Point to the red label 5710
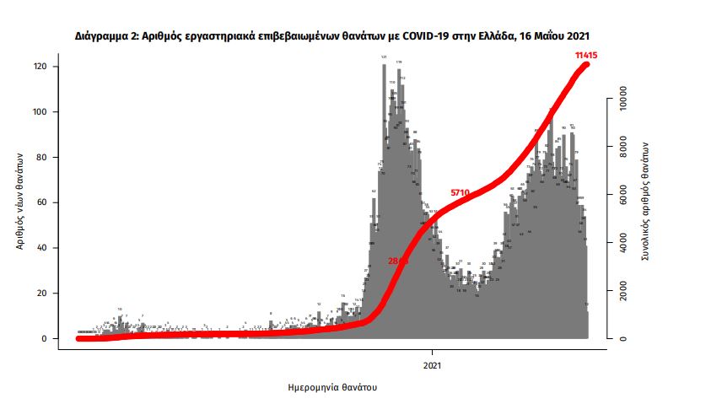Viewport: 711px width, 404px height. click(x=460, y=193)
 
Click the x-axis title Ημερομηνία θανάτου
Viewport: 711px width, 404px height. click(x=332, y=388)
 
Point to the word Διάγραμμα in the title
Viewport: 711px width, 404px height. click(x=94, y=35)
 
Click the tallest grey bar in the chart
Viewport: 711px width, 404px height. click(x=384, y=202)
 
